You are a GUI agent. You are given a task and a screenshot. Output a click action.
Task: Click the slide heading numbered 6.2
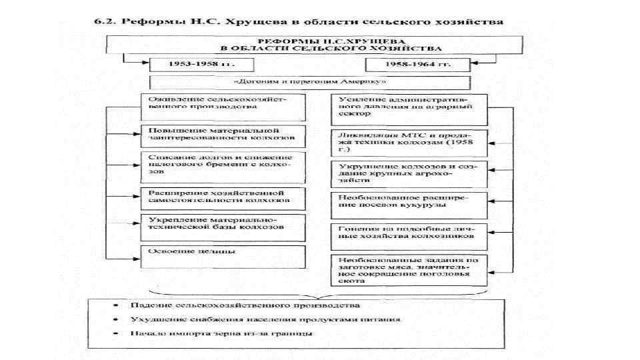[297, 21]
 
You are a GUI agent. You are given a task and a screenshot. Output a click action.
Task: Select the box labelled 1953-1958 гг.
[193, 65]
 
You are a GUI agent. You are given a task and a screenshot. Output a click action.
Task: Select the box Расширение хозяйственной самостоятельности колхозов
[223, 196]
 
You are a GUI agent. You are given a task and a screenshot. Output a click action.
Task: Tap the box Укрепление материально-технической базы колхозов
[223, 223]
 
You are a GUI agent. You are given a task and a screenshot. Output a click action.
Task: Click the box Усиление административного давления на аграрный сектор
[409, 108]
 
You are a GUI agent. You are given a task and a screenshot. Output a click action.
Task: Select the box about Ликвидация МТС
[409, 142]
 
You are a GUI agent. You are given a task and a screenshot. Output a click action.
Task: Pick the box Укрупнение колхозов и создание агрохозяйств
[409, 172]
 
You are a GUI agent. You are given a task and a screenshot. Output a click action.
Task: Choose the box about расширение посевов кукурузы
[409, 203]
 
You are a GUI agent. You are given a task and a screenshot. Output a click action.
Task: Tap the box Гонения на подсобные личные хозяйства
[409, 232]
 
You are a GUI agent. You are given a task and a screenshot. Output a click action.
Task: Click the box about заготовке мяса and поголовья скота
[409, 270]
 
